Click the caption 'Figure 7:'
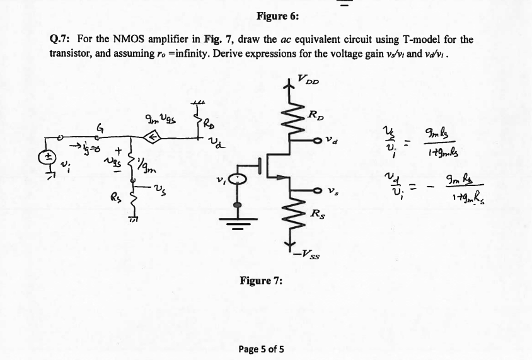pos(260,280)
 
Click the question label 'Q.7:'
pos(59,39)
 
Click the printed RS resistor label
pos(318,215)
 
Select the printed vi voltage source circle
pos(238,180)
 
